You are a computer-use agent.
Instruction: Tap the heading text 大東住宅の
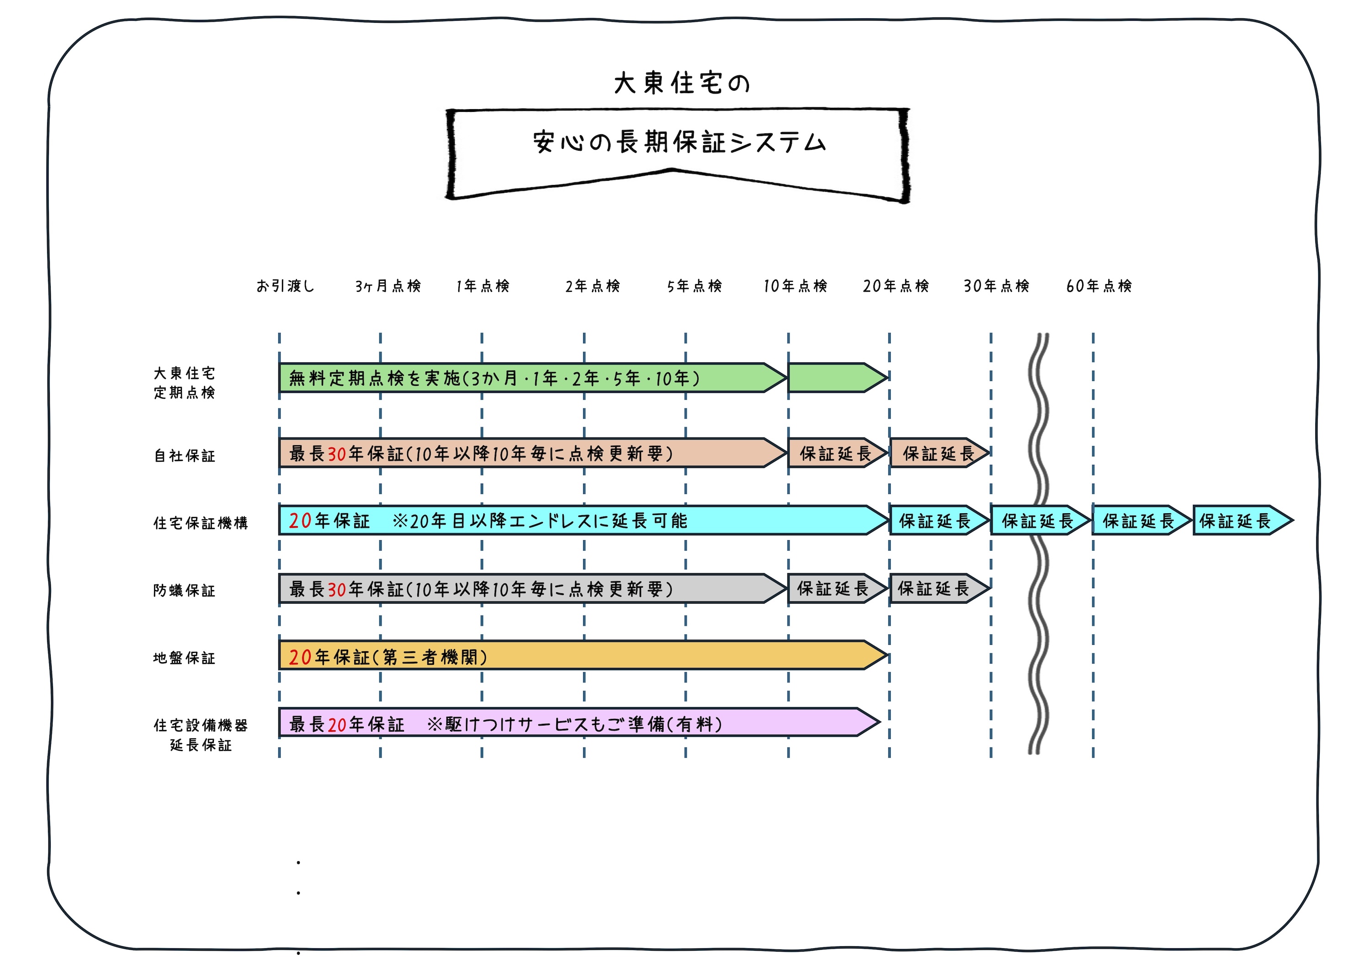[x=681, y=83]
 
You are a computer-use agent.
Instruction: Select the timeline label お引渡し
[x=285, y=286]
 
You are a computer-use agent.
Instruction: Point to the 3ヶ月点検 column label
[x=388, y=286]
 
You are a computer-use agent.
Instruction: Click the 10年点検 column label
[x=795, y=286]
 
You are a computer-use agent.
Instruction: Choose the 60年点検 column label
[x=1099, y=286]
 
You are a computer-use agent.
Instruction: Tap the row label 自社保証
[x=185, y=456]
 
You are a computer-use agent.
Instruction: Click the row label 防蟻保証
[x=185, y=591]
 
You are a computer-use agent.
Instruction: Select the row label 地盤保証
[x=185, y=658]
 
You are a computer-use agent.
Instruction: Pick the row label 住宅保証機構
[x=201, y=523]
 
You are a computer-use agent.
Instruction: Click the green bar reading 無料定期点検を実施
[x=526, y=378]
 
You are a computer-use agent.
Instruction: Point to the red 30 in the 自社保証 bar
[x=337, y=454]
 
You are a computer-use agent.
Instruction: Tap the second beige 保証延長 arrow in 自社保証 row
[x=937, y=453]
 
